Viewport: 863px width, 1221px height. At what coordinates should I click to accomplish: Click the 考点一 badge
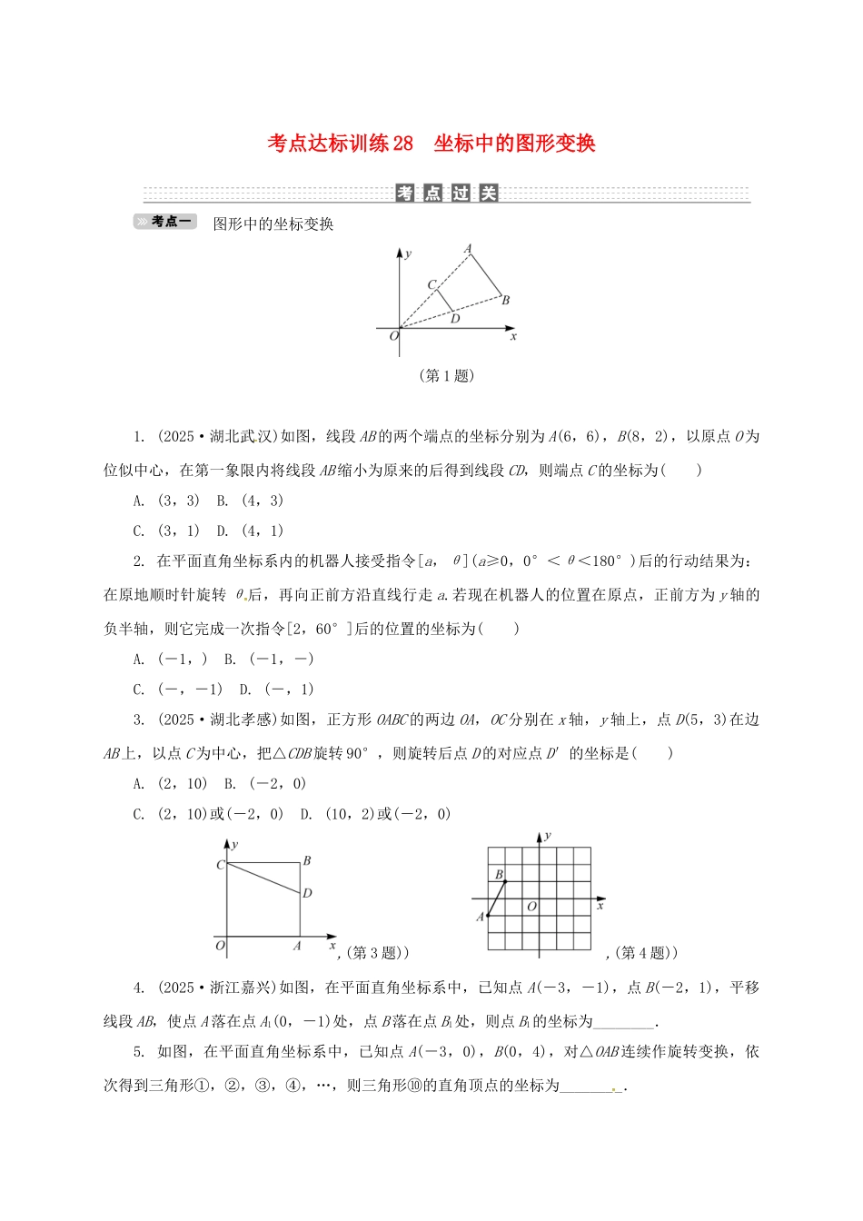click(165, 222)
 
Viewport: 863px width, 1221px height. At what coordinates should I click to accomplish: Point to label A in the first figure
click(469, 249)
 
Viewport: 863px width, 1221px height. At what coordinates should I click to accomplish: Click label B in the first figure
click(506, 301)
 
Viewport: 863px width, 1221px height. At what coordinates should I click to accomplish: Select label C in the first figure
click(431, 285)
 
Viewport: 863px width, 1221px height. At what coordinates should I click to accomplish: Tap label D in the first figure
click(455, 319)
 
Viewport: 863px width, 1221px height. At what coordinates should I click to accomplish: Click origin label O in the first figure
click(393, 336)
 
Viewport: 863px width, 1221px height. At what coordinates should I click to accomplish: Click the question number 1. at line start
click(139, 437)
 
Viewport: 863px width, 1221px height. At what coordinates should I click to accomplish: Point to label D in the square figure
click(307, 894)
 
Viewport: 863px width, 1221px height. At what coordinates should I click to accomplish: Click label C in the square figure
click(220, 865)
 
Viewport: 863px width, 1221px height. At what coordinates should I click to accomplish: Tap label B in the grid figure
click(499, 875)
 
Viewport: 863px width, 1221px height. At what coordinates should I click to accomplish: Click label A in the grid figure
click(480, 918)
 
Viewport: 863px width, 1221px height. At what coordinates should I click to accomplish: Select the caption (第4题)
click(645, 953)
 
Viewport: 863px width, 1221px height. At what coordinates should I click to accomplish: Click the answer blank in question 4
click(622, 1022)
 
